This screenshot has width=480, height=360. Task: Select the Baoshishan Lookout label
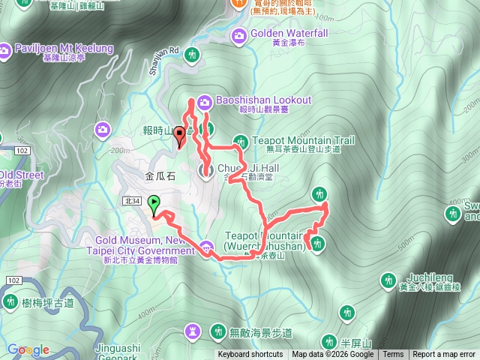click(x=263, y=100)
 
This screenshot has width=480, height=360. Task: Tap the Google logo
click(x=28, y=349)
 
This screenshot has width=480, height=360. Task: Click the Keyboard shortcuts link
click(x=250, y=355)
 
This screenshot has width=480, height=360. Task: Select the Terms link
click(x=393, y=355)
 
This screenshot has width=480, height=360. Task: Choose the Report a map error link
click(x=444, y=355)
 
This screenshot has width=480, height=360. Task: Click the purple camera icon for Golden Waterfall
click(x=239, y=34)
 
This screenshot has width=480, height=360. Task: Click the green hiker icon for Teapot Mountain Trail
click(x=240, y=140)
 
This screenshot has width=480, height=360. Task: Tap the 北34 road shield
click(x=133, y=201)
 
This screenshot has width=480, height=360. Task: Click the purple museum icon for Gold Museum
click(x=207, y=245)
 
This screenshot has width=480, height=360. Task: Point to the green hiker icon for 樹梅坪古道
click(x=10, y=301)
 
